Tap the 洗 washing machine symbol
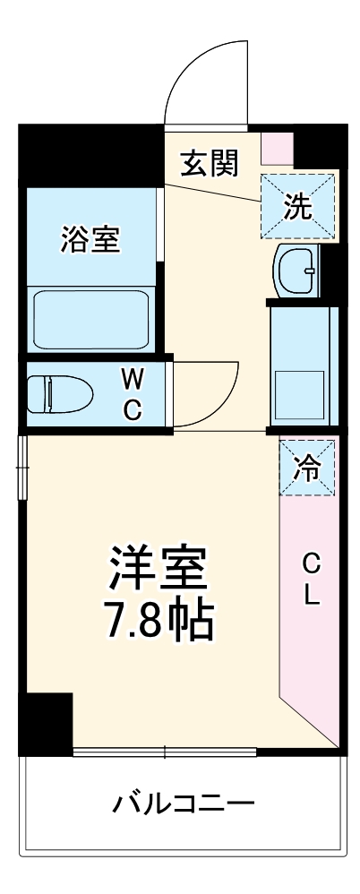point(298,207)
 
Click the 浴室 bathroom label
point(90,239)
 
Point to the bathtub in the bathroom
point(90,320)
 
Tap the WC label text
point(132,393)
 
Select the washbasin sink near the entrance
point(296,270)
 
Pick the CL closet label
point(310,580)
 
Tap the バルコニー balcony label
point(183,800)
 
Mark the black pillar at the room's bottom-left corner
point(47,722)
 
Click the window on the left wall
point(22,467)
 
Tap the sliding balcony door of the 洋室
point(166,751)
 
